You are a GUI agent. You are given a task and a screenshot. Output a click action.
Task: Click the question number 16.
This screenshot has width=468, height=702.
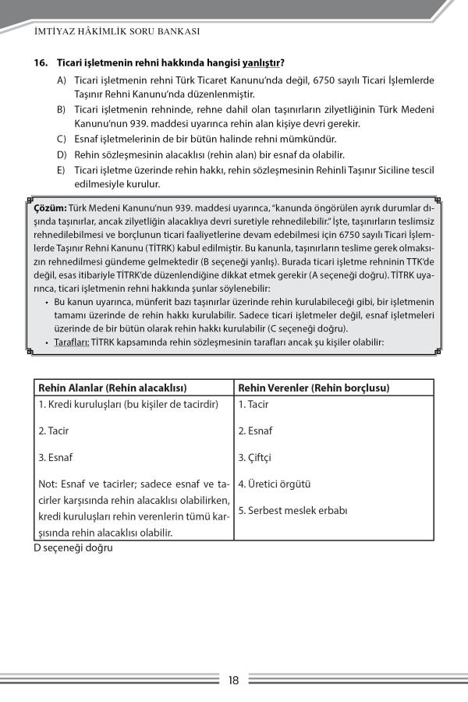(x=41, y=62)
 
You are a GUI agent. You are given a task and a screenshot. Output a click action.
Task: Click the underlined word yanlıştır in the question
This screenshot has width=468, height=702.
(x=259, y=62)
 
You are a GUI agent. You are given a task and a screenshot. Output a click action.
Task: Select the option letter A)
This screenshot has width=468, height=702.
(x=61, y=80)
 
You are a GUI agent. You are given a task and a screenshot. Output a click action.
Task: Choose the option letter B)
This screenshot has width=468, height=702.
(x=61, y=110)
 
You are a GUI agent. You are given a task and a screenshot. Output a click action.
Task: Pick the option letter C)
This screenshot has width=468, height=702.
(x=61, y=139)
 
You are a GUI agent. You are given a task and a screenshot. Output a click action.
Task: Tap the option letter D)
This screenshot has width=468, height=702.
(x=61, y=154)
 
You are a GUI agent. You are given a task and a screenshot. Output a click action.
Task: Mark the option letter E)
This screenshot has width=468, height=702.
(x=61, y=169)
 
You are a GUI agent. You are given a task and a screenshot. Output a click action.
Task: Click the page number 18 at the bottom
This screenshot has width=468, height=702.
(x=233, y=680)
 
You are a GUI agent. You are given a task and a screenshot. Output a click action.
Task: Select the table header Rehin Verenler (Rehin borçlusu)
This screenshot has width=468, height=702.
(x=314, y=388)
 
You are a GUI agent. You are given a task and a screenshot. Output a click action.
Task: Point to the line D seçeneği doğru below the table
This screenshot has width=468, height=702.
(x=73, y=548)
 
